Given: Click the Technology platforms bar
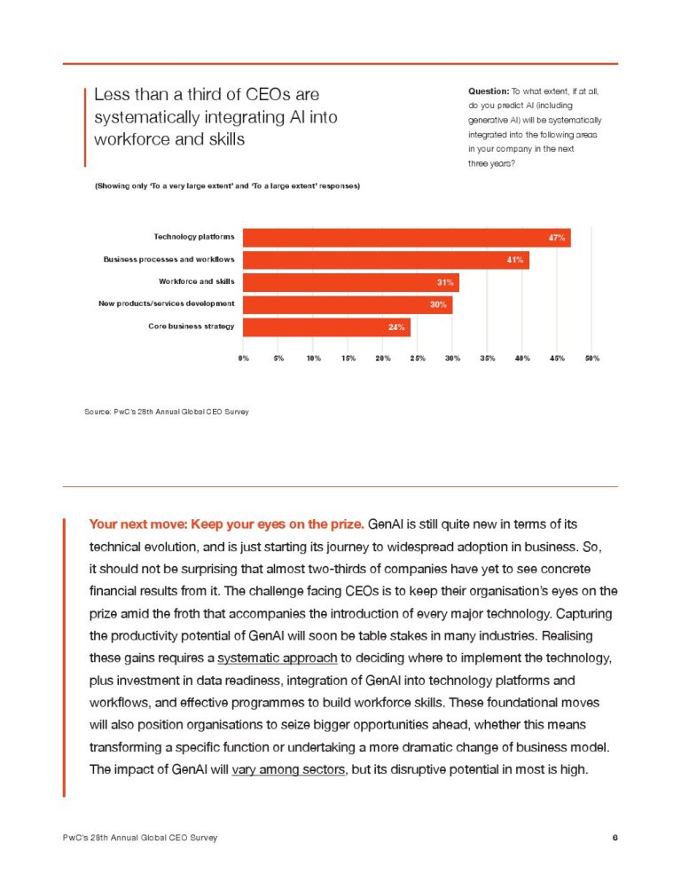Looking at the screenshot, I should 406,238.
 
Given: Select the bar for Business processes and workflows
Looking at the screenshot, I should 386,260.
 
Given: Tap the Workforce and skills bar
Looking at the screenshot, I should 350,282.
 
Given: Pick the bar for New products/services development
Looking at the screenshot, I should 347,305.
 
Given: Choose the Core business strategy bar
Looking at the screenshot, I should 326,327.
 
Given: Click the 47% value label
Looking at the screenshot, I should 557,238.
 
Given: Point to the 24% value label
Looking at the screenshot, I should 397,327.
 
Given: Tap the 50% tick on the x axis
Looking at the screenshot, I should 591,358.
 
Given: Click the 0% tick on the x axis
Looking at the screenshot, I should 243,358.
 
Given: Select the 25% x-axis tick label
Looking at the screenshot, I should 418,358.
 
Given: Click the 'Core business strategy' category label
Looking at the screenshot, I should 192,327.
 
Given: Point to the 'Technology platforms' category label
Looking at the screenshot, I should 194,237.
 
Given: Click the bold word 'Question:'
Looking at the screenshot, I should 488,91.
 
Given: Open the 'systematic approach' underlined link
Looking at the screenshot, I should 277,658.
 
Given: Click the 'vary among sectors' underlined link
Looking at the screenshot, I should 287,769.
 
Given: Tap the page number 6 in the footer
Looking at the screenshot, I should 614,838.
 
